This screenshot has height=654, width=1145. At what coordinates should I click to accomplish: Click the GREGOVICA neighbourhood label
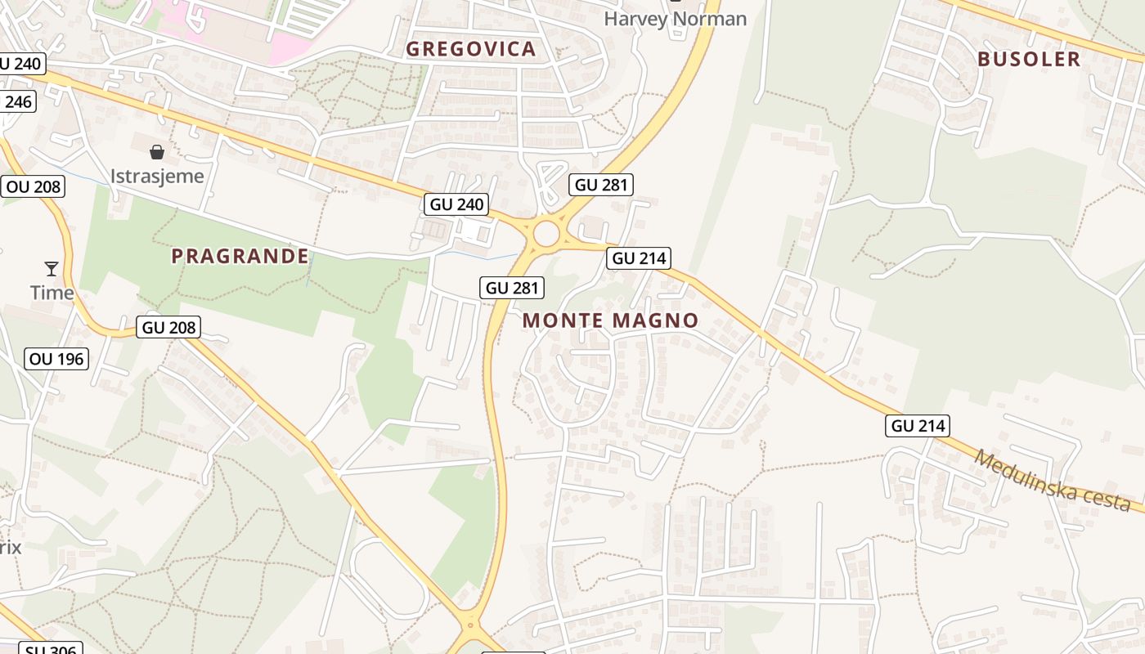point(471,49)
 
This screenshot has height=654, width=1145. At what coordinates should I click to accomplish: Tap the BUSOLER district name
point(1029,59)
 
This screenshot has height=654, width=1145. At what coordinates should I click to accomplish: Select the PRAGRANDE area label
point(240,256)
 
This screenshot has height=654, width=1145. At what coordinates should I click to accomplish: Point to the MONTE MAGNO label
point(611,320)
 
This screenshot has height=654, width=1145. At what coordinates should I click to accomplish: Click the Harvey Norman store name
point(675,18)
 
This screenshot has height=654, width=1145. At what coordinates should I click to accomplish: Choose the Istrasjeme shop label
point(157,176)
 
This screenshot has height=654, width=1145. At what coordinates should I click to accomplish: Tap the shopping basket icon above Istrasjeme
point(157,152)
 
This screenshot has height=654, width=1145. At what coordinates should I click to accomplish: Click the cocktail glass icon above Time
point(52,268)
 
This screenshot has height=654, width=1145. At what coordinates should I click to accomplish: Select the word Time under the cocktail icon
point(52,292)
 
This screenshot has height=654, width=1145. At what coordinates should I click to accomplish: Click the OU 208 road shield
point(34,186)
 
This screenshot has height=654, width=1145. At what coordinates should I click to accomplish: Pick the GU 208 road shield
point(169,328)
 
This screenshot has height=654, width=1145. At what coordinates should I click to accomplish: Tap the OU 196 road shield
point(56,359)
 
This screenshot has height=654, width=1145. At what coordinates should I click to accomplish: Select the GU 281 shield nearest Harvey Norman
point(602,185)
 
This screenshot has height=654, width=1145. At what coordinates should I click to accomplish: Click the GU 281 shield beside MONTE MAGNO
point(513,288)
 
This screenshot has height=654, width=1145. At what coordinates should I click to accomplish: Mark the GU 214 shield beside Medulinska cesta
point(918,426)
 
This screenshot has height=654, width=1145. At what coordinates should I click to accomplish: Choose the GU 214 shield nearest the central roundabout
point(640,259)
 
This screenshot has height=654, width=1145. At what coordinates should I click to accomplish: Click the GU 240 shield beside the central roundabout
point(456,204)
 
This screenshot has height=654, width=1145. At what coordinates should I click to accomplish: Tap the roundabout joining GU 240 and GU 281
point(546,235)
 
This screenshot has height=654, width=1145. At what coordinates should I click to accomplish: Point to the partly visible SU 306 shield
point(51,649)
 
